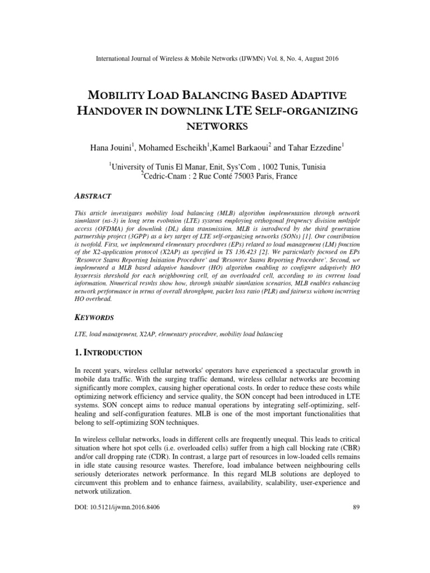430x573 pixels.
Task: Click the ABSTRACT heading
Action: point(93,196)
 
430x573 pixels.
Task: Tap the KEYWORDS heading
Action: point(95,317)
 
